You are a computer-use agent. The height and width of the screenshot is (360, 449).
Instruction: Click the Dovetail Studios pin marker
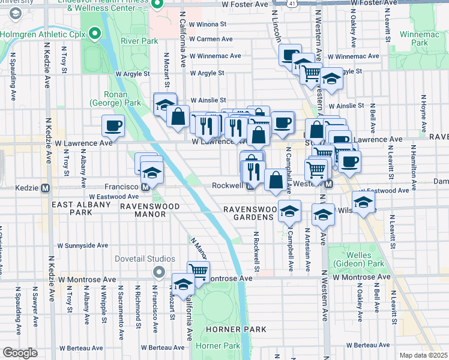[x=158, y=273]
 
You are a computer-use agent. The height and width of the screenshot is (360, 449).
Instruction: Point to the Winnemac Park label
[x=428, y=38]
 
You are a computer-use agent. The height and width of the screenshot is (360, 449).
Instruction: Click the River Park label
[x=138, y=41]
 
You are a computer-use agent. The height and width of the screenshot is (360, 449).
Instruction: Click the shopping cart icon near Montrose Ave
[x=198, y=271]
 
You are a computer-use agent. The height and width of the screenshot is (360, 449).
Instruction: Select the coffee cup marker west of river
[x=113, y=126]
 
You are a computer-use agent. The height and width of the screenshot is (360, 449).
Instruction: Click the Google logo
[x=20, y=353]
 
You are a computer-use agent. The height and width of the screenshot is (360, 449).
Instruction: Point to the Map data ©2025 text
[x=423, y=355]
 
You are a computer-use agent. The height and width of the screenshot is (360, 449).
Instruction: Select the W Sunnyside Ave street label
[x=83, y=245]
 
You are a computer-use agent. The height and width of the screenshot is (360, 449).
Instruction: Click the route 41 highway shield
[x=291, y=3]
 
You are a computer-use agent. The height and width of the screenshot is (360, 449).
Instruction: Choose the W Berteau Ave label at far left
[x=81, y=348]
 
